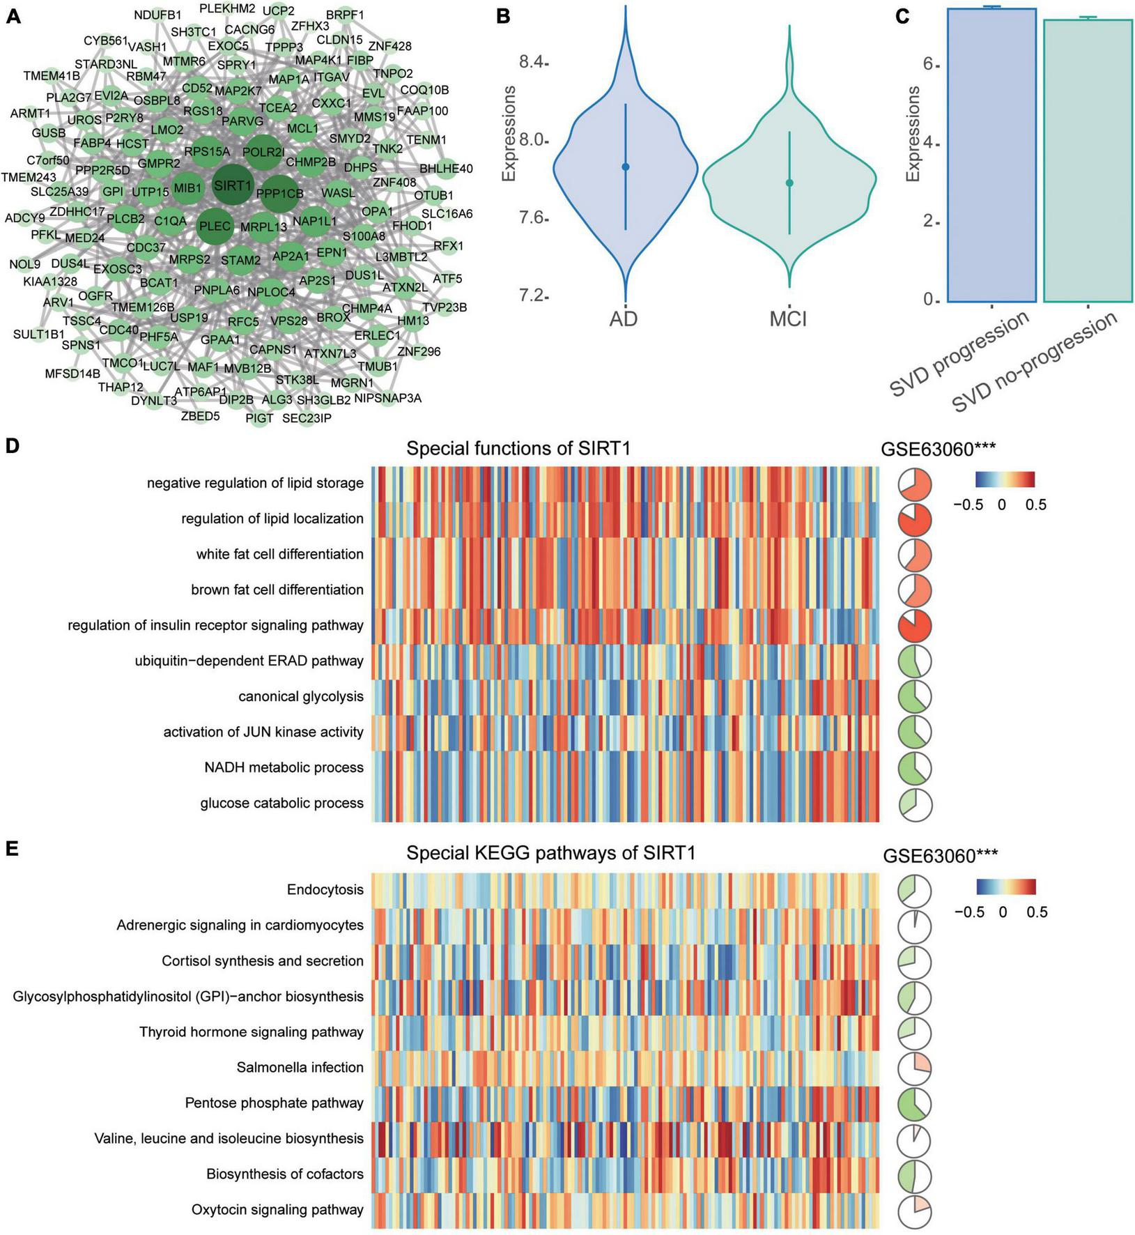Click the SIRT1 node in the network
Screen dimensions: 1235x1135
(x=233, y=185)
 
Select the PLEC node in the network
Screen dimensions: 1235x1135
(x=214, y=226)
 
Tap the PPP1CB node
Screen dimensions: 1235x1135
(x=279, y=193)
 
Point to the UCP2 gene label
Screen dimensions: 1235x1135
(x=279, y=10)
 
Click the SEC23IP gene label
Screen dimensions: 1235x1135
(x=307, y=418)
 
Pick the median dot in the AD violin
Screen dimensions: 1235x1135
(x=626, y=167)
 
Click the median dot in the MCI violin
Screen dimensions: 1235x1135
(x=789, y=183)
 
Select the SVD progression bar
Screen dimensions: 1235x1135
(x=992, y=154)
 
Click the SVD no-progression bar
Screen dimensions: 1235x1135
(x=1087, y=160)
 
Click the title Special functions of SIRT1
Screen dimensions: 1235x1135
(x=518, y=449)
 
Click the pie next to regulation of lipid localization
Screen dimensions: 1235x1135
(x=915, y=519)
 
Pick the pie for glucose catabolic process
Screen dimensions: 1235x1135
(x=915, y=804)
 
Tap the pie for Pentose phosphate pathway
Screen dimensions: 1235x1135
(x=915, y=1103)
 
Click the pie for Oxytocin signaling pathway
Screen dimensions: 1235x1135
(x=915, y=1210)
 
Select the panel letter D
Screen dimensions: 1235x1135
(x=12, y=447)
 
